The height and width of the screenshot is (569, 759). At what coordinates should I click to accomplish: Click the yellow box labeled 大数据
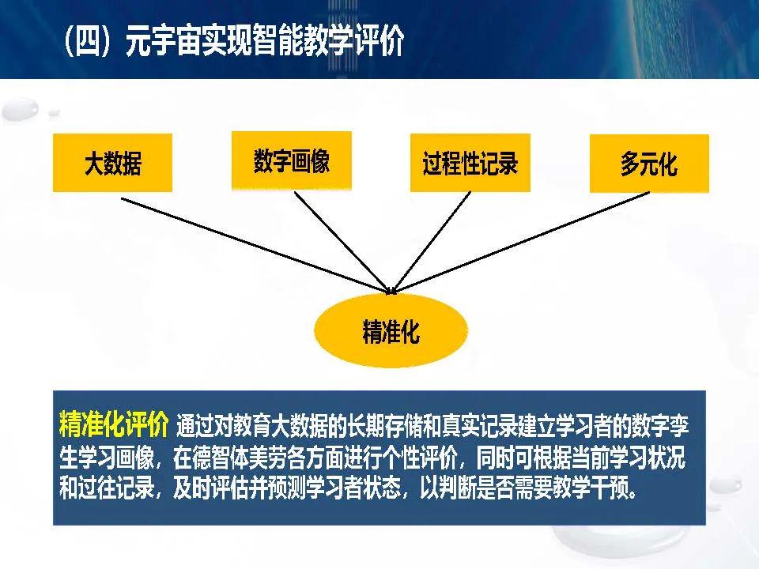click(x=112, y=163)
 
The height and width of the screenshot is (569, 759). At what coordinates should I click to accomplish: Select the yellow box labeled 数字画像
click(x=292, y=160)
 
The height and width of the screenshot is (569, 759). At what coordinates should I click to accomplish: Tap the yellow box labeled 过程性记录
click(x=470, y=163)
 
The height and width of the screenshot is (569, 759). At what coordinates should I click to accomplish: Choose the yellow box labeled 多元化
click(x=649, y=164)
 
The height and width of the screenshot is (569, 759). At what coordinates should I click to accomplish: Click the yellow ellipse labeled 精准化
click(x=391, y=330)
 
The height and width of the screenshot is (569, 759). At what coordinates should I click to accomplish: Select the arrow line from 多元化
click(x=521, y=243)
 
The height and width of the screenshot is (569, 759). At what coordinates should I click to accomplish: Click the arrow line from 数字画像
click(x=342, y=243)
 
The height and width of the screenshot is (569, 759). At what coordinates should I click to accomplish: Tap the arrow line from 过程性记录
click(x=432, y=243)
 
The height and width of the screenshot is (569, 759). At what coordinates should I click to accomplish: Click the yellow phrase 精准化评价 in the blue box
click(x=114, y=424)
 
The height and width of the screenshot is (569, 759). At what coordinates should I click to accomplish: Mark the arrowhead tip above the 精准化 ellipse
click(x=392, y=293)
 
